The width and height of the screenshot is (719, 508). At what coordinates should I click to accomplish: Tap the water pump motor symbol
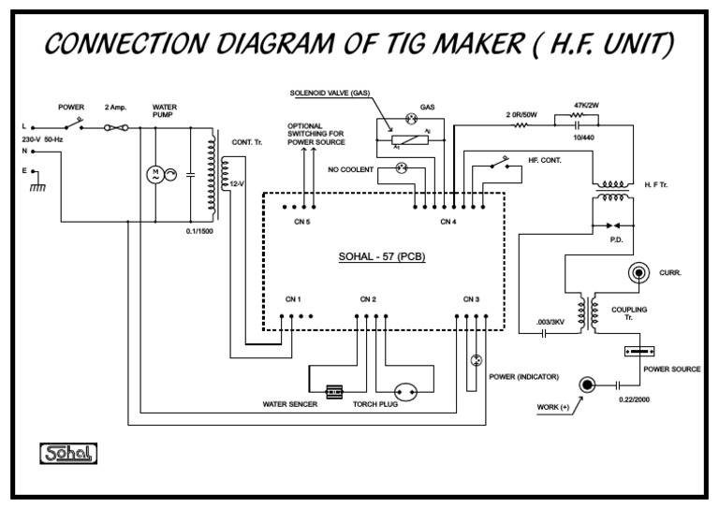(155, 174)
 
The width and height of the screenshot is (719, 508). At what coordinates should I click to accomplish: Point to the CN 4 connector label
(448, 222)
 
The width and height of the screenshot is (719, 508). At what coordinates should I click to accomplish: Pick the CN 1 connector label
(293, 299)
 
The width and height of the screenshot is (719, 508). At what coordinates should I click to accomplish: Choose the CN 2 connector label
(368, 299)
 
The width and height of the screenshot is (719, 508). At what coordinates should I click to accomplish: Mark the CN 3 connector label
(471, 299)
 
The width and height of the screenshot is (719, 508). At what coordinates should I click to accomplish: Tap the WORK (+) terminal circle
(588, 385)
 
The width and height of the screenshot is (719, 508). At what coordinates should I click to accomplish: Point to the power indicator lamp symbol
(475, 360)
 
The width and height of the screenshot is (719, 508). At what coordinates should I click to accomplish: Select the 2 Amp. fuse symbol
(117, 126)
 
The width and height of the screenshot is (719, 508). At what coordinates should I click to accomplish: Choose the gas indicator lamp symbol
(408, 120)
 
